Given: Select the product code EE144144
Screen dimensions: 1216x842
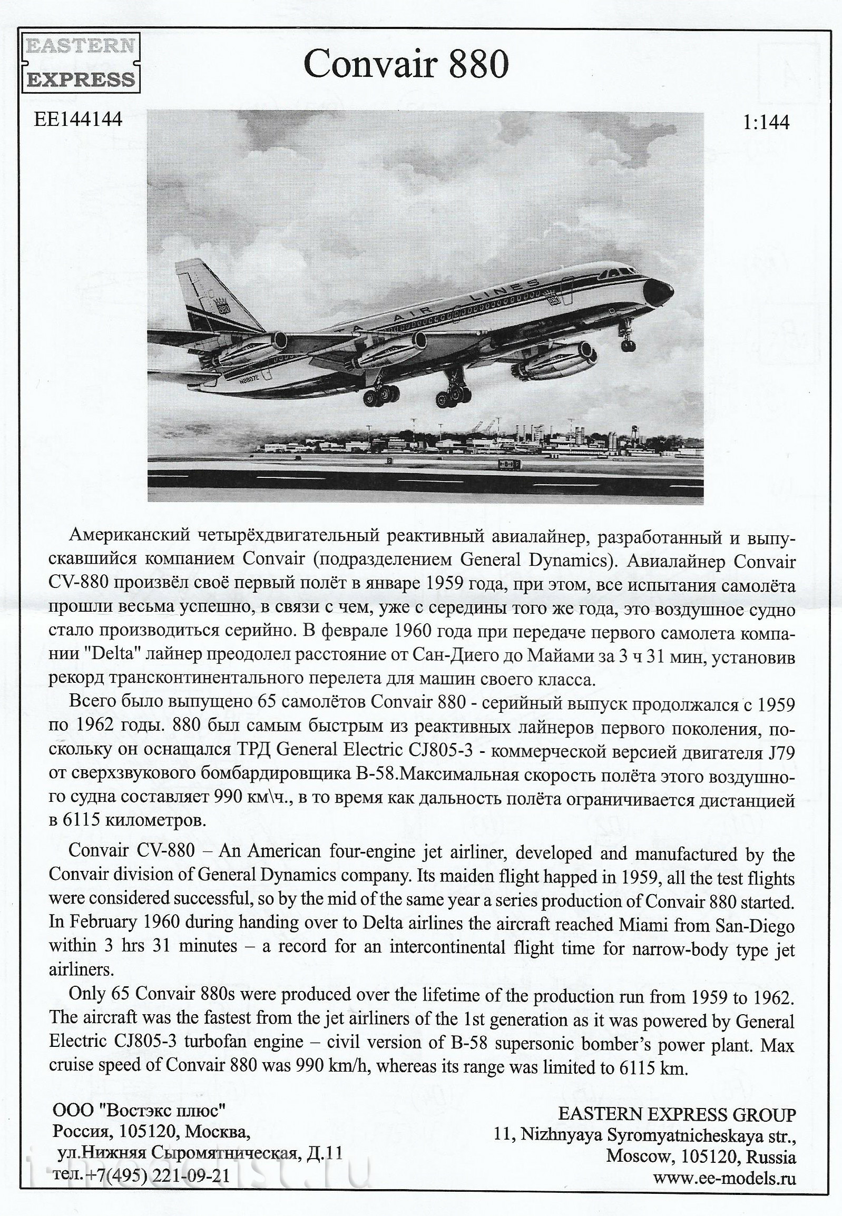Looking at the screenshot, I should click(x=78, y=119).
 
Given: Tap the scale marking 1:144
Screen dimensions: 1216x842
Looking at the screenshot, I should click(x=766, y=123).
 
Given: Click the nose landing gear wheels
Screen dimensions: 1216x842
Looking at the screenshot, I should click(x=628, y=345).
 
